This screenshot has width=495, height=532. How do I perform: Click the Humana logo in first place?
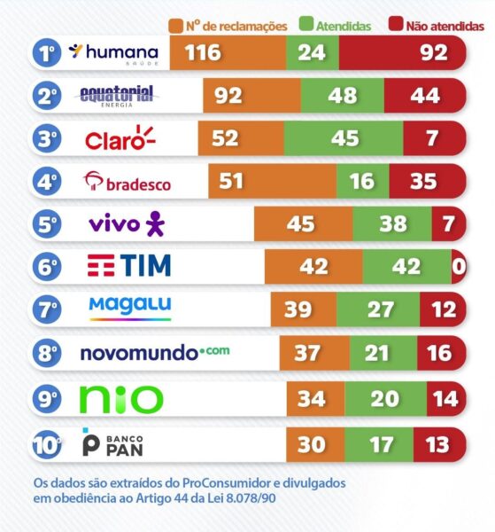[113, 53]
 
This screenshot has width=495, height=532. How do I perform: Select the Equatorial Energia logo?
[117, 95]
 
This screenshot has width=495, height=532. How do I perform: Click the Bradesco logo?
[127, 183]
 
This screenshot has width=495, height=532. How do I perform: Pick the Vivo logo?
[127, 224]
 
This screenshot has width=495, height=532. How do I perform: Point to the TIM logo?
[128, 266]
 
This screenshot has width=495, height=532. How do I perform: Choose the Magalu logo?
[130, 309]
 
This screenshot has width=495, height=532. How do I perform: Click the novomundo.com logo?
[154, 352]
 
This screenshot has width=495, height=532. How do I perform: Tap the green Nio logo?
[121, 398]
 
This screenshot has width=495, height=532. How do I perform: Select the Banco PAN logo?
[114, 442]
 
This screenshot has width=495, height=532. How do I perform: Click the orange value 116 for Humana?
[203, 54]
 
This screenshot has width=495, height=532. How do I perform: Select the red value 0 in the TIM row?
[458, 266]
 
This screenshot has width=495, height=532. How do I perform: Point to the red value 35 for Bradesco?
[424, 182]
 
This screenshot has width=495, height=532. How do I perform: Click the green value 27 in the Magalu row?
[380, 309]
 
